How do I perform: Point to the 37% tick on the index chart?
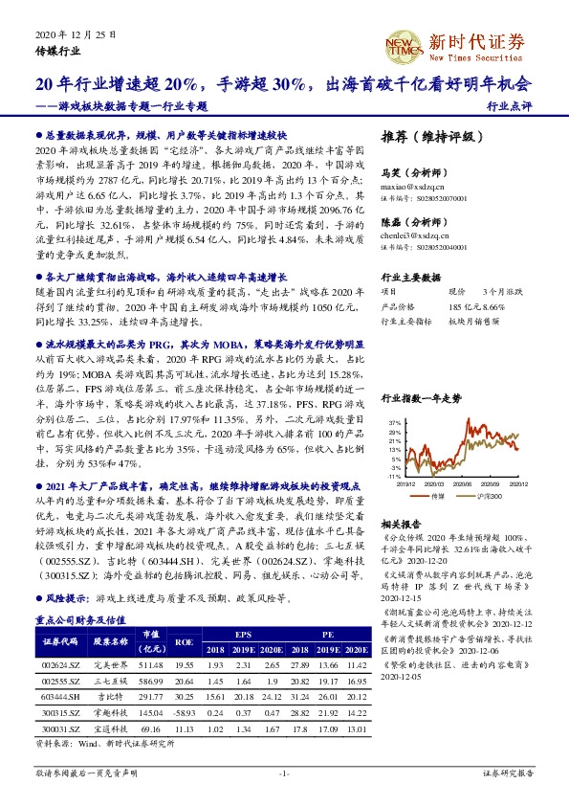tap(393, 422)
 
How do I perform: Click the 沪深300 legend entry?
tap(491, 496)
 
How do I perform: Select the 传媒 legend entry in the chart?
tap(437, 496)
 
